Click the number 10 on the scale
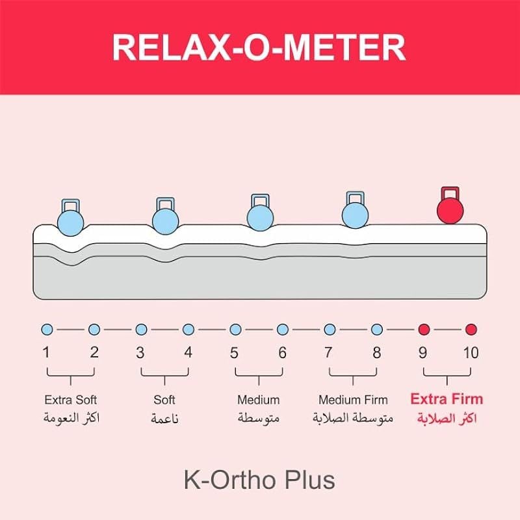471,352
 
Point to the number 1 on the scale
46,352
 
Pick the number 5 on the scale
234,352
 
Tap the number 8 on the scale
377,352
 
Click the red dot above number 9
424,330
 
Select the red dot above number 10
471,330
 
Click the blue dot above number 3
141,330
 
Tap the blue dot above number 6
283,330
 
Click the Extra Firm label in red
447,399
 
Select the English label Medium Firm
353,400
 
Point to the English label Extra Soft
71,400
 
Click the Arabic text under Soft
165,419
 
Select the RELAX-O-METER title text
259,47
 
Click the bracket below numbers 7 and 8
353,376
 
